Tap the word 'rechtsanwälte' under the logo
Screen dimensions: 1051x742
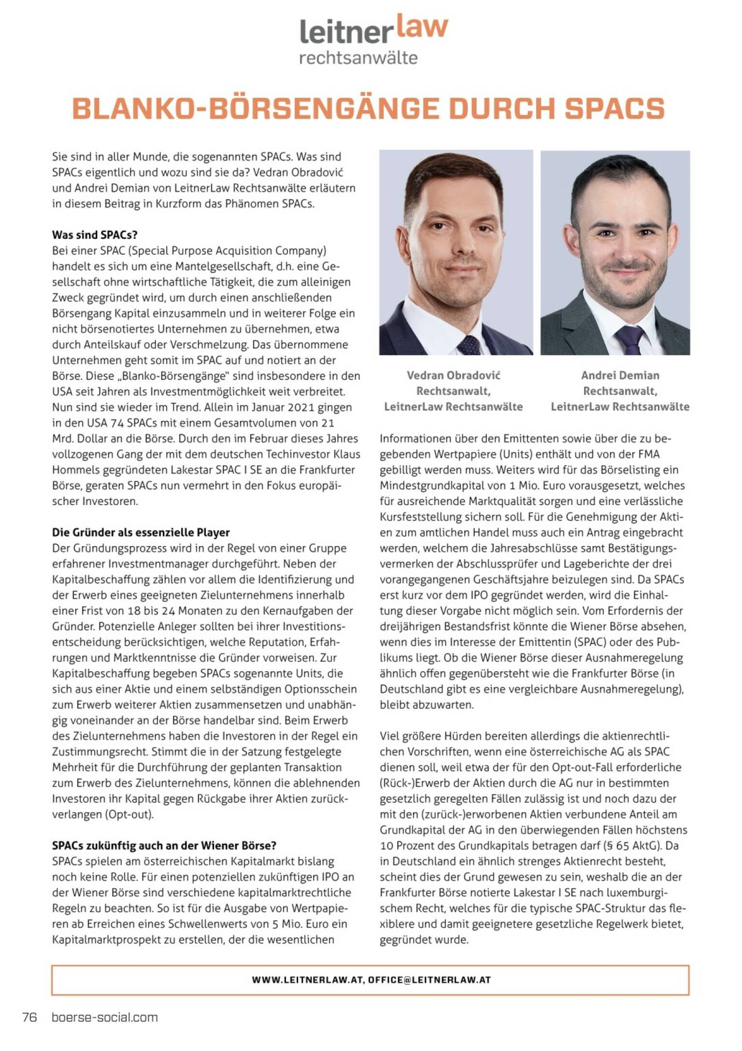tap(358, 58)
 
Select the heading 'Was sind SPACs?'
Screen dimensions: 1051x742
tap(95, 235)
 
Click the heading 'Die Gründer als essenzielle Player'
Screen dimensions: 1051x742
tap(141, 532)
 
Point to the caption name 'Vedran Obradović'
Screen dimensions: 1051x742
tap(453, 375)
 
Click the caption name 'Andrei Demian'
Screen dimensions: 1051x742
tap(620, 375)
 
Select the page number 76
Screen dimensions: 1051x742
tap(30, 1017)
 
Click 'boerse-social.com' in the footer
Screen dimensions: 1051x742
tap(104, 1017)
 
